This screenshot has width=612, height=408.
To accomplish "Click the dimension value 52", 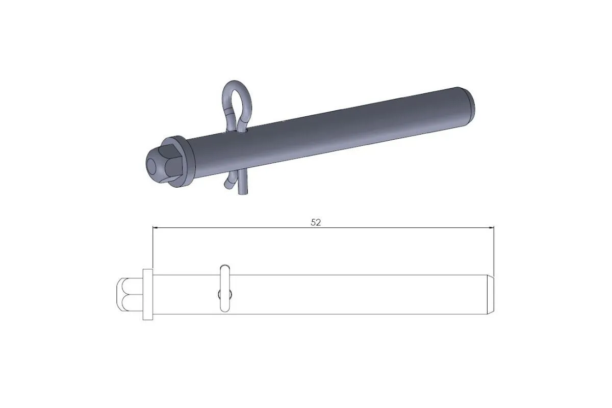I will (316, 222).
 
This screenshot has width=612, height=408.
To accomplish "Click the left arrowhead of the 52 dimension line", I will (156, 227).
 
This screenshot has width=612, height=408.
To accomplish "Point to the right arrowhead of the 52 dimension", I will (492, 227).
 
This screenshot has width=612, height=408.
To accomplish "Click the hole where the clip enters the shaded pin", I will (245, 132).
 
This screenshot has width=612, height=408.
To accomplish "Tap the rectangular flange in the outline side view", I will (148, 294).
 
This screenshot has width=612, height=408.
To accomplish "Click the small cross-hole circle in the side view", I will (220, 294).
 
